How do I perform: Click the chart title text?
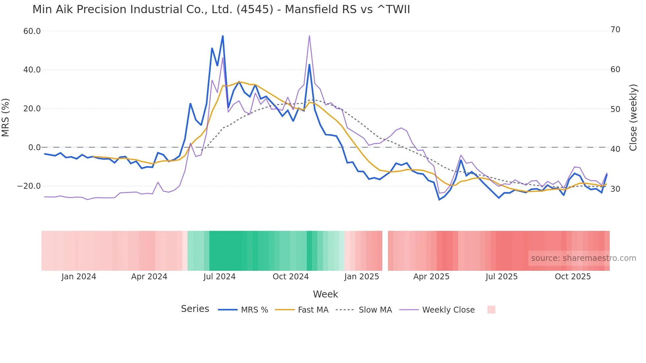point(221,9)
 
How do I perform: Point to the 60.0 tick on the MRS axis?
point(32,31)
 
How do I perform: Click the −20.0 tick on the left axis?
point(29,186)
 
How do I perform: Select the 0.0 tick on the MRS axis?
point(34,148)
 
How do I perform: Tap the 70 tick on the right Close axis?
point(615,30)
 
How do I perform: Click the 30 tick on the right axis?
point(615,189)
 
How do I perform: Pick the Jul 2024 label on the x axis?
point(220,277)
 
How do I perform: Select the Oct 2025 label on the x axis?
point(573,277)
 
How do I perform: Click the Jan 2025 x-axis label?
point(362,277)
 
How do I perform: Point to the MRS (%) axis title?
point(6,117)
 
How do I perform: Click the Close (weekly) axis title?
point(633,117)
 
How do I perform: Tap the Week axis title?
point(325,294)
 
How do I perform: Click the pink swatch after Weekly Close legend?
point(491,310)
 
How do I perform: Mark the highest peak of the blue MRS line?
point(223,36)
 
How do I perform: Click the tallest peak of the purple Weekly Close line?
point(309,36)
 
